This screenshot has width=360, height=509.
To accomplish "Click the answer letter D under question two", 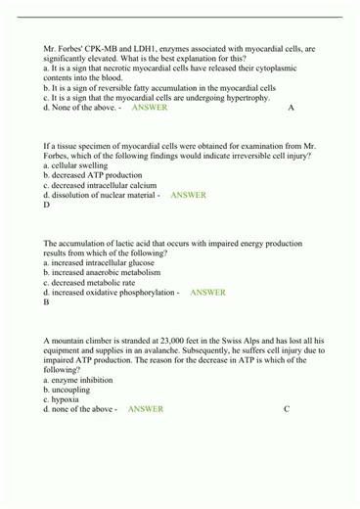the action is click(x=47, y=206).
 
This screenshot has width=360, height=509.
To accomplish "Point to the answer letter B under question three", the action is click(x=47, y=302).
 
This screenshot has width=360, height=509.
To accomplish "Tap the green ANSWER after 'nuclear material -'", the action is click(x=188, y=195).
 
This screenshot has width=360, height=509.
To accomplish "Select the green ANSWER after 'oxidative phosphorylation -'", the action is click(x=207, y=292).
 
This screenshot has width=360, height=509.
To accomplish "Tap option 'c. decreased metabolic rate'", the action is click(x=93, y=282).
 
